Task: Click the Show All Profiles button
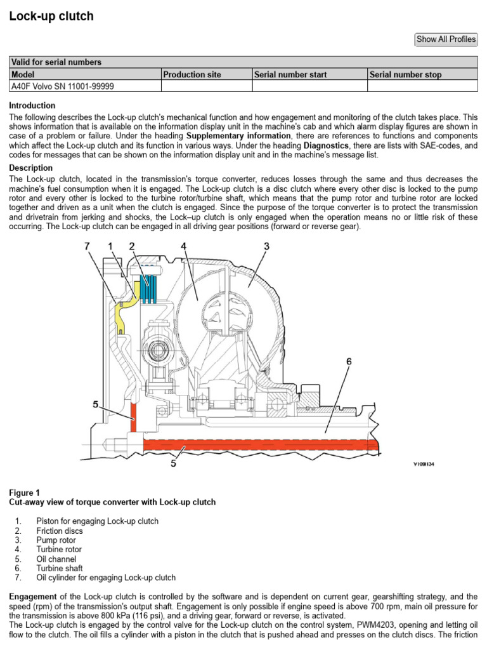[446, 39]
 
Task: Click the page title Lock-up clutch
[51, 17]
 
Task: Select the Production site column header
[192, 75]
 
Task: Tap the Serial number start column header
[290, 75]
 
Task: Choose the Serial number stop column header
[405, 75]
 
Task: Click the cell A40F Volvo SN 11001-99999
[63, 86]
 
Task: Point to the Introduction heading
[32, 105]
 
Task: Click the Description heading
[31, 168]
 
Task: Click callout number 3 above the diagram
[266, 246]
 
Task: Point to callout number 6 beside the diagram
[348, 361]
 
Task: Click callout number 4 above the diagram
[183, 246]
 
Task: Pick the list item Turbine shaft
[60, 569]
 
